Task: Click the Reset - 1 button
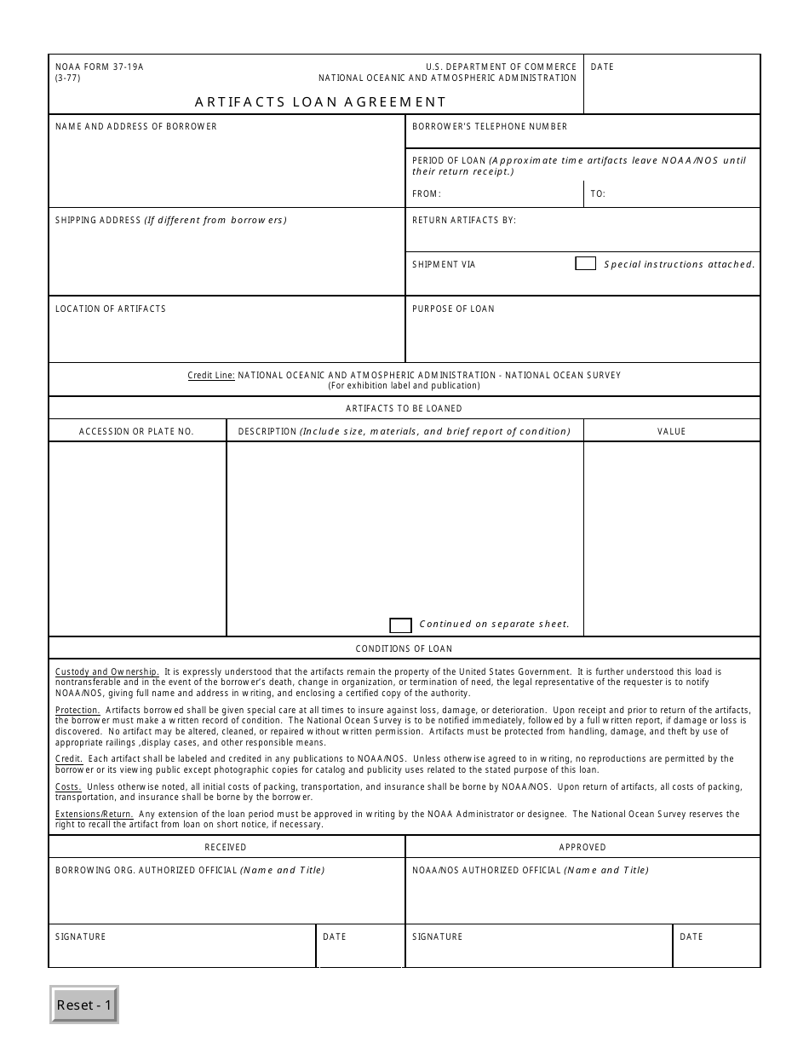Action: click(x=84, y=1005)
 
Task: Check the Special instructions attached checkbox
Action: click(x=585, y=264)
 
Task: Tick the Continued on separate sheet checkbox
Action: click(x=400, y=625)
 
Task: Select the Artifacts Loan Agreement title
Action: click(x=320, y=101)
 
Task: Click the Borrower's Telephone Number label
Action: click(x=490, y=127)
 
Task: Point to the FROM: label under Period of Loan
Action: click(x=427, y=194)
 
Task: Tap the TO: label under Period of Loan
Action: click(x=598, y=194)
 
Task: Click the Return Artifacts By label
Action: click(x=464, y=221)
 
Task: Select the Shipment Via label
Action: click(x=444, y=265)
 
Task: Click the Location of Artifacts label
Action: click(x=111, y=309)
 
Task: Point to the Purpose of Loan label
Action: click(x=453, y=309)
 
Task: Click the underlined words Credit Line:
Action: click(x=211, y=375)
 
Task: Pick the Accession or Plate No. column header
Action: click(x=136, y=432)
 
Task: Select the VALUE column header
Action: click(x=671, y=432)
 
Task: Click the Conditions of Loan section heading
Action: click(x=404, y=649)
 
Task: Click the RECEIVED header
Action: click(x=226, y=848)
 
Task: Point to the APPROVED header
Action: click(x=582, y=848)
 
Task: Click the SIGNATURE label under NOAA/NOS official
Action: click(x=438, y=937)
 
